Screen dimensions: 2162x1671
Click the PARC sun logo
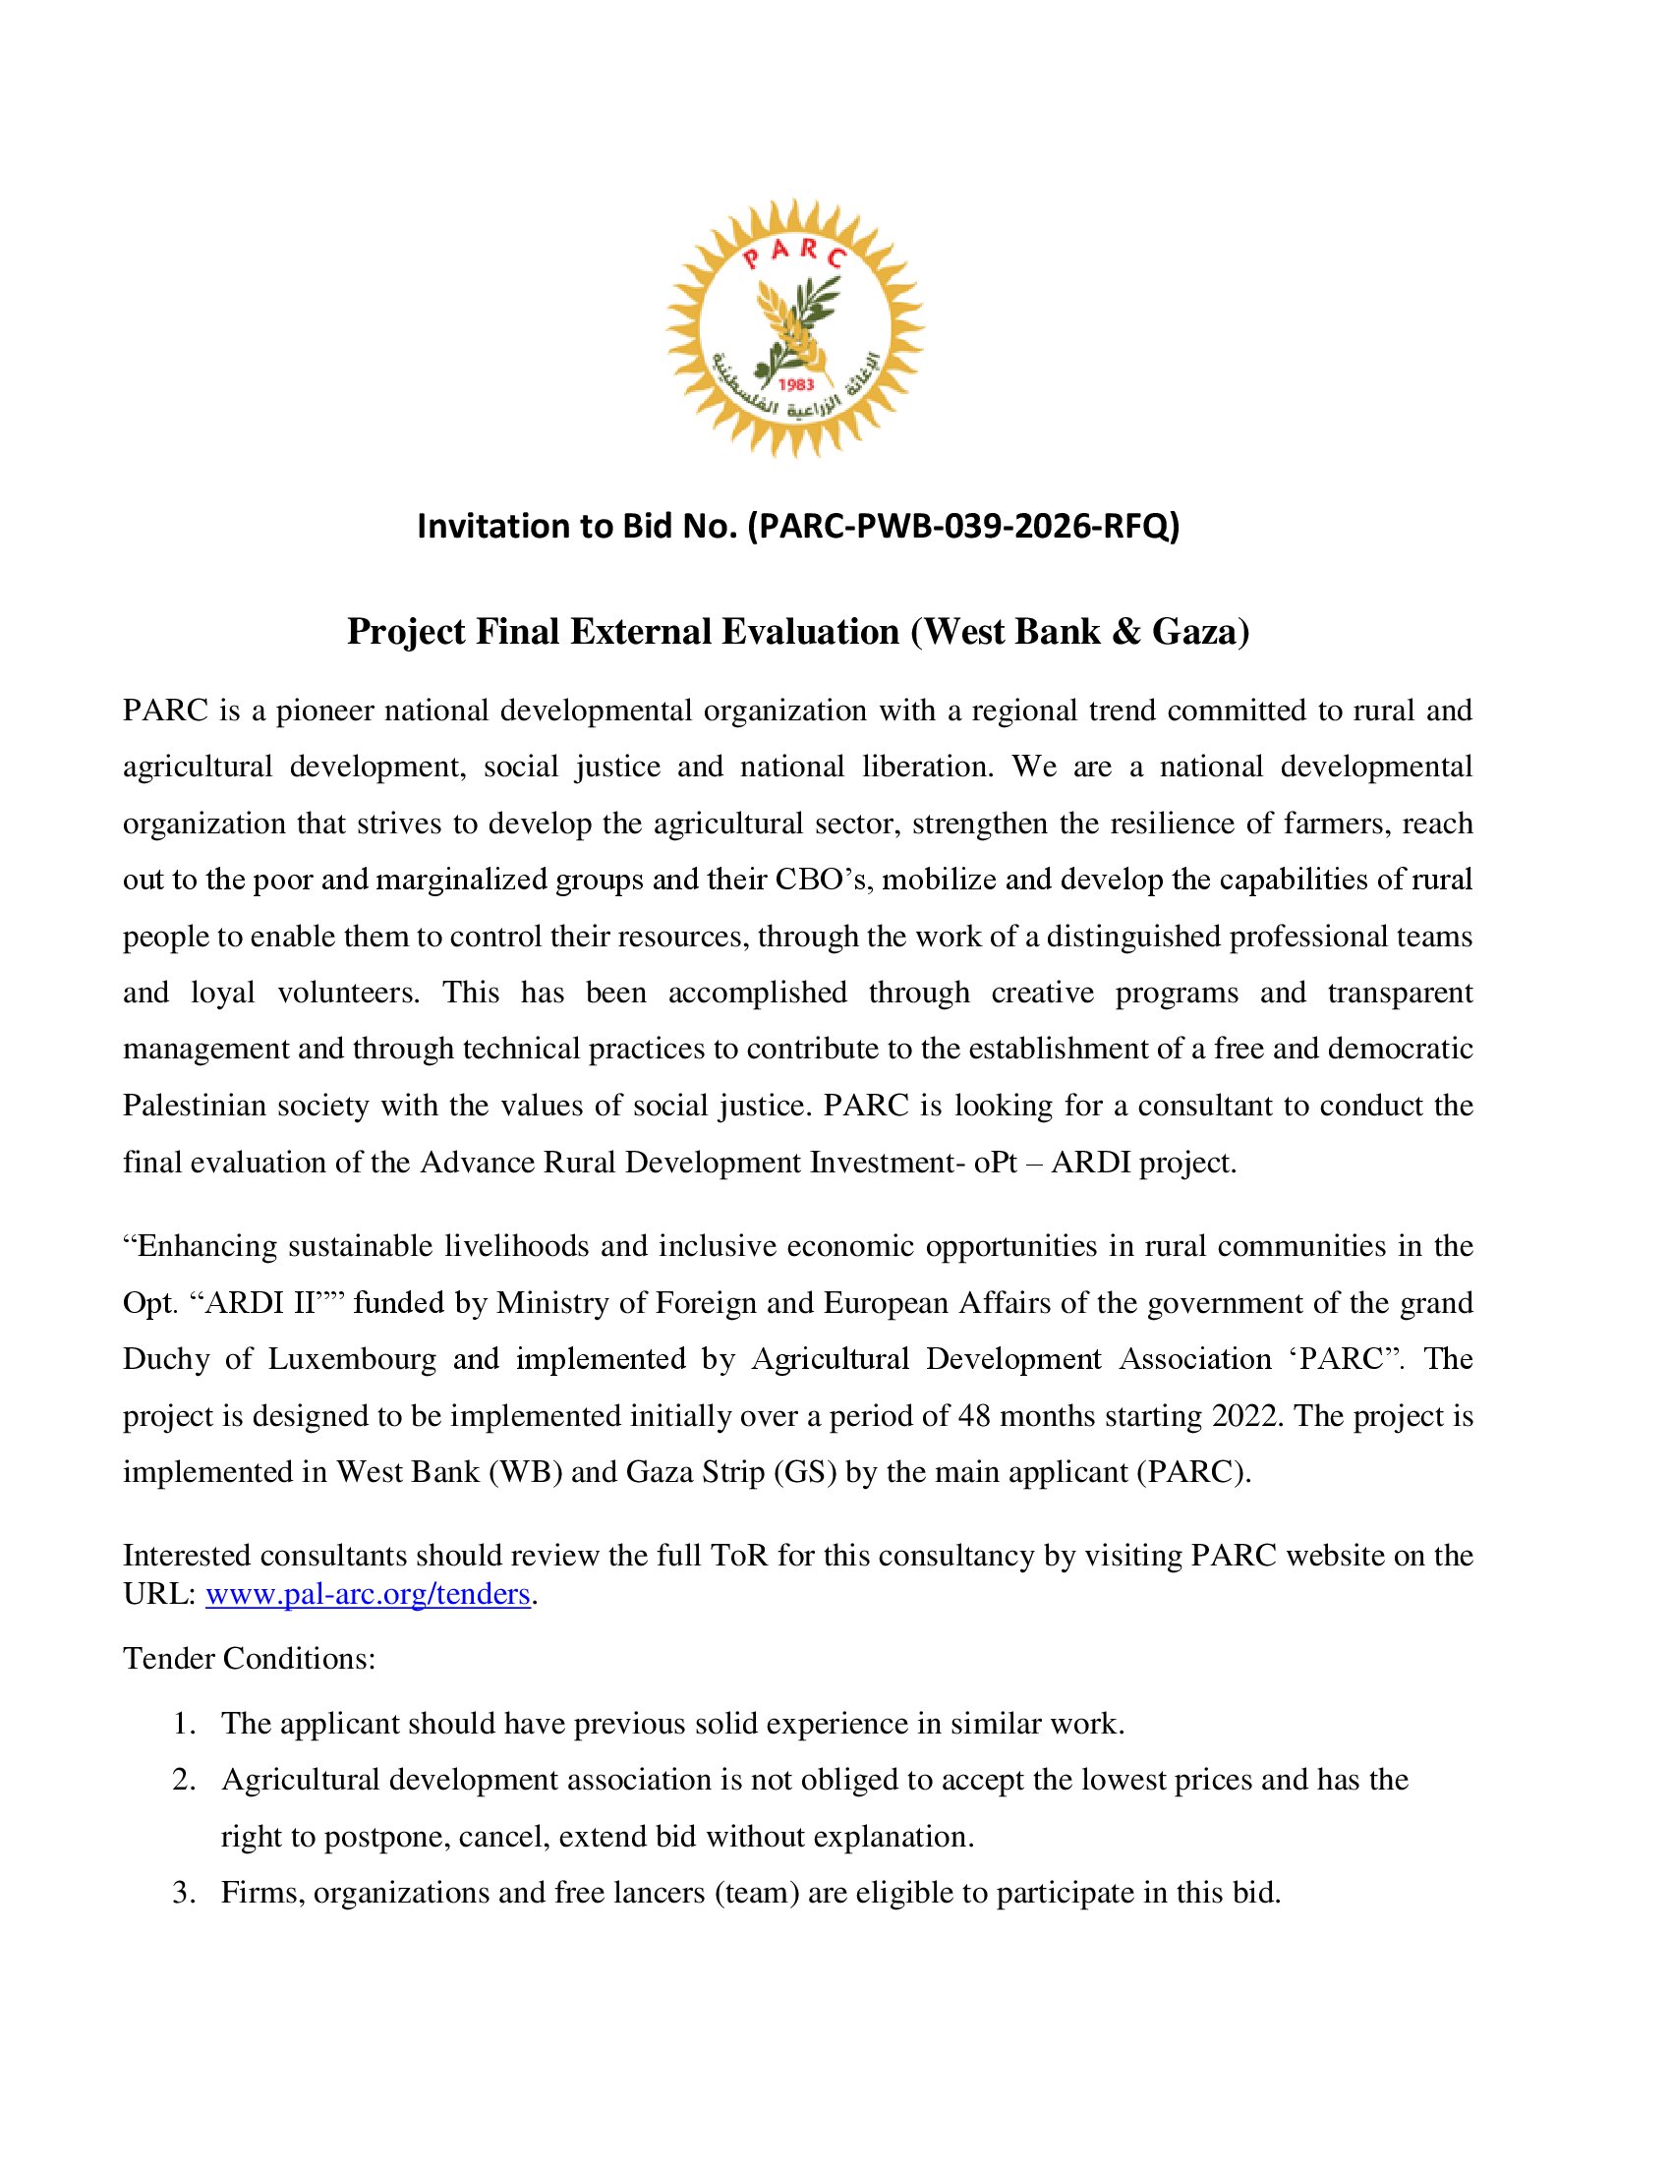pos(795,327)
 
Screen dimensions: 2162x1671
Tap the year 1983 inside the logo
pos(796,384)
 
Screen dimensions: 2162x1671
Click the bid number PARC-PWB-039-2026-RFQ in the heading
pos(963,526)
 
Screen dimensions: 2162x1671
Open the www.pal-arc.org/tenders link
pos(369,1594)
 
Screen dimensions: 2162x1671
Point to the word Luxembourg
pos(352,1358)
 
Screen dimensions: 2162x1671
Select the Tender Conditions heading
pos(250,1658)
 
